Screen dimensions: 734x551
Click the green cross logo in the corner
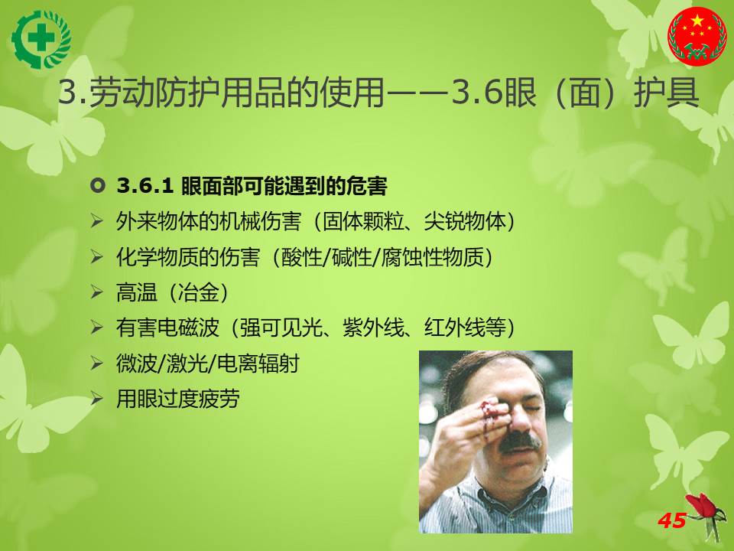41,39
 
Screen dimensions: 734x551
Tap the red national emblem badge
697,36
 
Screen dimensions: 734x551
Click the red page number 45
672,520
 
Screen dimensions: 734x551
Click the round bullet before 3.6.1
97,185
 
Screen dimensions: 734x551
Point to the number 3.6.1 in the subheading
145,186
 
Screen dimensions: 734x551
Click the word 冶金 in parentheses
199,292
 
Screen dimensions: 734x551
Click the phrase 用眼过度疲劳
178,399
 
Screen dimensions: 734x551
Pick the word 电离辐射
258,364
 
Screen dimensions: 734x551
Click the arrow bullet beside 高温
97,292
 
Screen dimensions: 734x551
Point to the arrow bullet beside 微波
97,364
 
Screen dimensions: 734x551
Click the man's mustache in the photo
519,442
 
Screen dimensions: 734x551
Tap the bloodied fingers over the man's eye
492,413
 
